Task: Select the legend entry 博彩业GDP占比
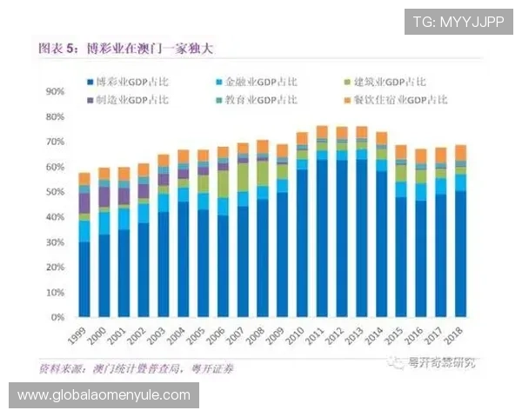pyautogui.click(x=135, y=82)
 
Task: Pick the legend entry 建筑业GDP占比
pyautogui.click(x=388, y=82)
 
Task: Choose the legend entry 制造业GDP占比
pyautogui.click(x=135, y=100)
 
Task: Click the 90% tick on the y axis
pyautogui.click(x=55, y=90)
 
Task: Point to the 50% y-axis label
pyautogui.click(x=55, y=191)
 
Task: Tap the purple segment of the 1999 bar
pyautogui.click(x=84, y=203)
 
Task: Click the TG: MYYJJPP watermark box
pyautogui.click(x=458, y=21)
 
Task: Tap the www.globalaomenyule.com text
pyautogui.click(x=104, y=395)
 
